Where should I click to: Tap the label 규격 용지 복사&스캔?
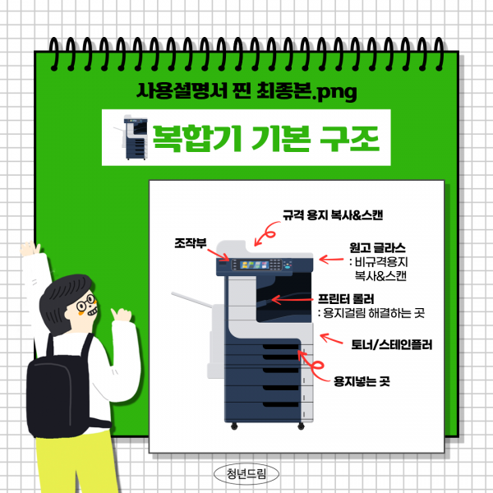(333, 214)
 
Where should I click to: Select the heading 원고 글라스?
(377, 246)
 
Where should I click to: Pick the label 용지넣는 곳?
(362, 382)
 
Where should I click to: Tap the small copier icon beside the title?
(131, 137)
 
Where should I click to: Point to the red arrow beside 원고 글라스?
(332, 260)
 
